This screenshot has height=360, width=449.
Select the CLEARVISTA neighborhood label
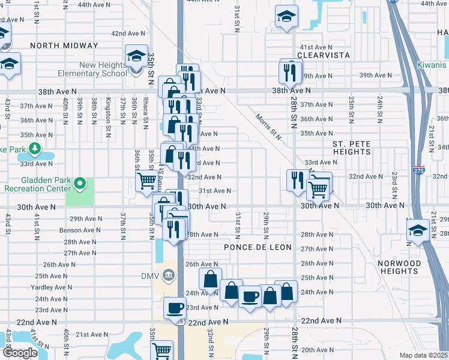point(325,55)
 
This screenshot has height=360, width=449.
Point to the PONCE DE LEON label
point(258,247)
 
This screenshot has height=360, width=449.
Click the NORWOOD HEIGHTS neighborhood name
point(400,267)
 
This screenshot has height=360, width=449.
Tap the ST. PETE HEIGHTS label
point(352,148)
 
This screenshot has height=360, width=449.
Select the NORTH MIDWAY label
point(64,46)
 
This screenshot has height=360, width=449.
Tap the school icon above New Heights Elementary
point(137,56)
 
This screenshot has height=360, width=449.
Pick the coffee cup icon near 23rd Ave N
point(175,308)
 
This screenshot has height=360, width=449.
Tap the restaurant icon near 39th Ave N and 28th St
point(291,72)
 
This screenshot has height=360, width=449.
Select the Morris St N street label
point(268,127)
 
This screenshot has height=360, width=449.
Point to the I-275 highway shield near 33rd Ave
point(419,170)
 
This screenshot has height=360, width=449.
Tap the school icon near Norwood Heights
point(417,231)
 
